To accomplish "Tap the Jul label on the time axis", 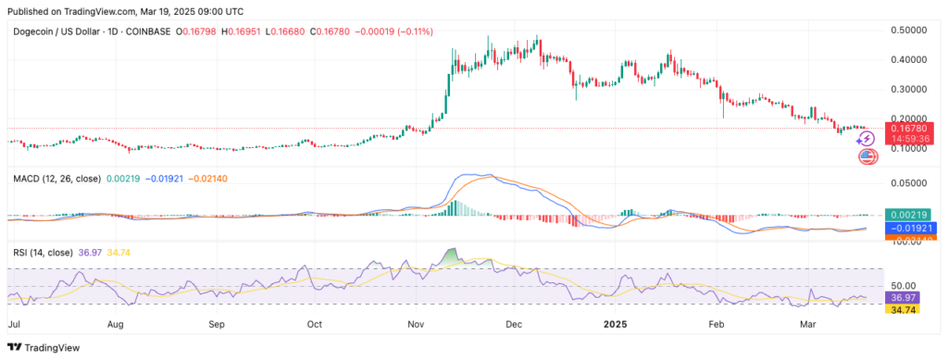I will click(x=15, y=326).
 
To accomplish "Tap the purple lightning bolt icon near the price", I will click(x=866, y=138).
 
